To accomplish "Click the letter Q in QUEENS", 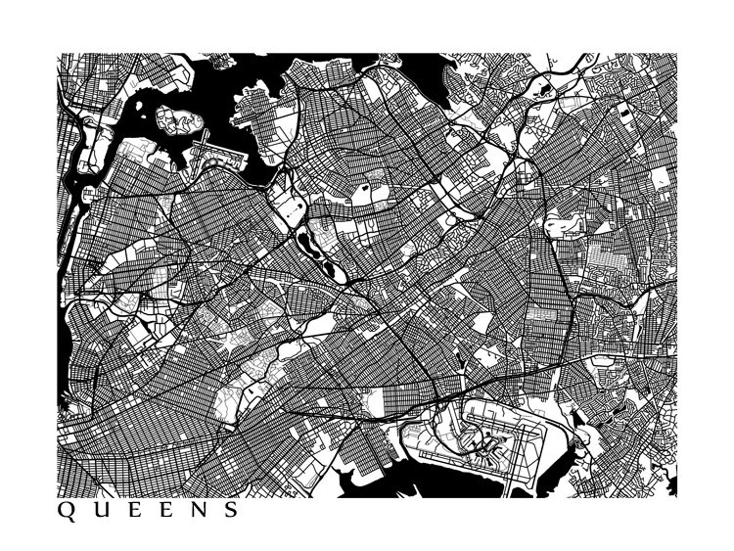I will pos(66,510).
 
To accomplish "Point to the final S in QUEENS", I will pos(231,509).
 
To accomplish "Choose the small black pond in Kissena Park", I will pos(364,188).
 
